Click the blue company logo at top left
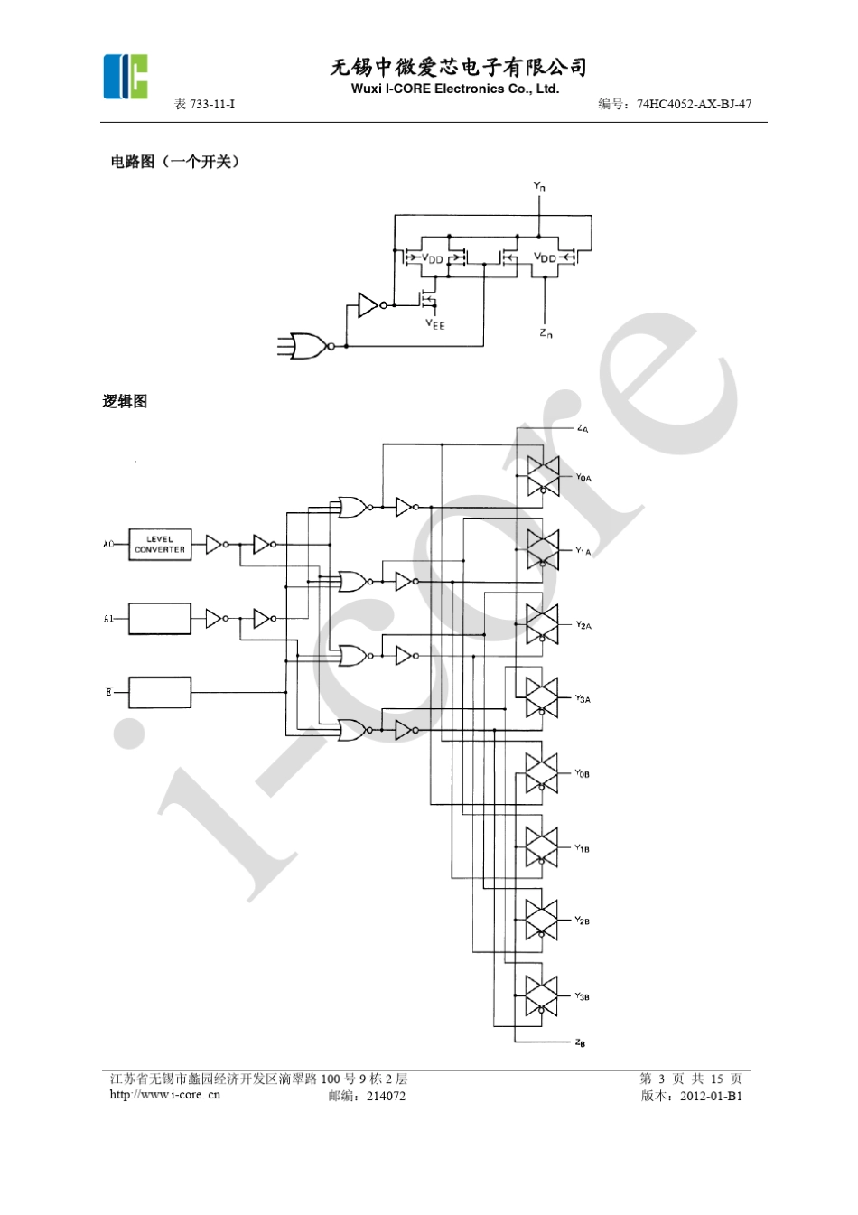pyautogui.click(x=126, y=77)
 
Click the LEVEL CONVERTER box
pyautogui.click(x=160, y=544)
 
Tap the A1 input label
pyautogui.click(x=108, y=619)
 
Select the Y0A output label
pyautogui.click(x=583, y=478)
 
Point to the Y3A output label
pyautogui.click(x=583, y=699)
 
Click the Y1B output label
pyautogui.click(x=582, y=848)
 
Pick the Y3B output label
pyautogui.click(x=582, y=996)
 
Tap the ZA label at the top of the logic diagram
pyautogui.click(x=583, y=429)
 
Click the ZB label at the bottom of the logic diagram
pyautogui.click(x=580, y=1043)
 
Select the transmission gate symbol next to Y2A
pyautogui.click(x=543, y=623)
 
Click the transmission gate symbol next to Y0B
pyautogui.click(x=542, y=772)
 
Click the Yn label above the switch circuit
pyautogui.click(x=539, y=186)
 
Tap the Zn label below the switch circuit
pyautogui.click(x=546, y=334)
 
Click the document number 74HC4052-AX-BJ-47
pyautogui.click(x=694, y=104)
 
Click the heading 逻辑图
pyautogui.click(x=125, y=402)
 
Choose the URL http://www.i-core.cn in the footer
pyautogui.click(x=164, y=1095)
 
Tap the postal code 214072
pyautogui.click(x=386, y=1096)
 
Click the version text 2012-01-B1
pyautogui.click(x=711, y=1096)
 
